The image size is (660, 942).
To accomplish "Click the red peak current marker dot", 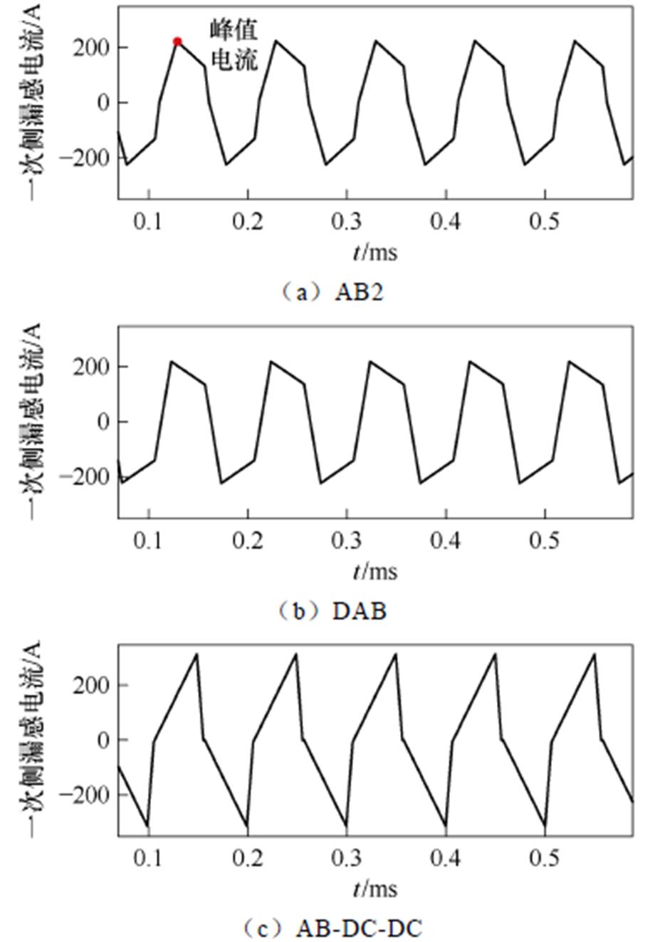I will pyautogui.click(x=177, y=41).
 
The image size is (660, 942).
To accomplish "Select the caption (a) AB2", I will pyautogui.click(x=331, y=293).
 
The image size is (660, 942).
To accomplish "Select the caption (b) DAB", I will pyautogui.click(x=332, y=611).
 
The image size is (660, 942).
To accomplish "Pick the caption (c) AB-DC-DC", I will pyautogui.click(x=332, y=928).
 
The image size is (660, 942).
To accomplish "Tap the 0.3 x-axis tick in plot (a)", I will pyautogui.click(x=347, y=221).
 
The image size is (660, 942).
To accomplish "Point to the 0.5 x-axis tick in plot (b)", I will pyautogui.click(x=545, y=540).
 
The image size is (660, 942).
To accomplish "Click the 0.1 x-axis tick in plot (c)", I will pyautogui.click(x=149, y=858).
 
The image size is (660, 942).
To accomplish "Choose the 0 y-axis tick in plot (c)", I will pyautogui.click(x=103, y=740).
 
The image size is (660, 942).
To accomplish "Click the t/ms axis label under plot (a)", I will pyautogui.click(x=374, y=252).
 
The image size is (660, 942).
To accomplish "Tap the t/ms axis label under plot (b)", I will pyautogui.click(x=374, y=571).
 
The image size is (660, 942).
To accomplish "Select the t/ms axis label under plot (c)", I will pyautogui.click(x=374, y=889).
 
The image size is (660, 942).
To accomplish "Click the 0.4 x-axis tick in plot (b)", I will pyautogui.click(x=446, y=540).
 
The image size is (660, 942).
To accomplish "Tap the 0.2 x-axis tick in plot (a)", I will pyautogui.click(x=248, y=221).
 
